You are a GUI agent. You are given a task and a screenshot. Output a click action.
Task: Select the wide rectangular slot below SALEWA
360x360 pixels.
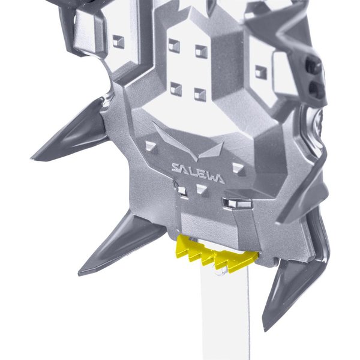[237, 203]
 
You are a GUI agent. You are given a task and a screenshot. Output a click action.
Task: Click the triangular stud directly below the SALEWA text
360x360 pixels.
[202, 189]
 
